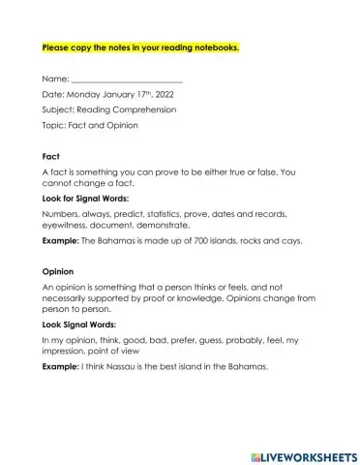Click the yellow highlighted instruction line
click(139, 46)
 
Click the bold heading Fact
click(52, 156)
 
